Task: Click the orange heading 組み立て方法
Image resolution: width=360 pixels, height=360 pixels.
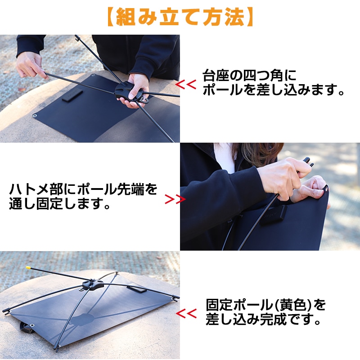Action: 180,17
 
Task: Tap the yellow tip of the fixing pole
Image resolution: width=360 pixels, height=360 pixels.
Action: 28,267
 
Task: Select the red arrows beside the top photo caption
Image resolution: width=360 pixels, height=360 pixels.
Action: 186,85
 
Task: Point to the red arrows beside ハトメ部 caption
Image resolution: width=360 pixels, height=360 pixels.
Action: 175,199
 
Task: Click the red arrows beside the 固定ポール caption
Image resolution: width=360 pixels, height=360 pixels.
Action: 186,314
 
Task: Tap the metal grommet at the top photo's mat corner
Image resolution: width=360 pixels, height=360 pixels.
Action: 35,116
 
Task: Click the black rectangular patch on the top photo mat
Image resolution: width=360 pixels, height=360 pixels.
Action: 72,95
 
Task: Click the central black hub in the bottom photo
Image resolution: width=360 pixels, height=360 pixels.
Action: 93,285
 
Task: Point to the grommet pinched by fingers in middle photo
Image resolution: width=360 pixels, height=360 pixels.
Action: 326,189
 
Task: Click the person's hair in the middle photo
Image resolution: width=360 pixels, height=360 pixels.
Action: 257,154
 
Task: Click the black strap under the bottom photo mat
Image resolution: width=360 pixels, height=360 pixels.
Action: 27,328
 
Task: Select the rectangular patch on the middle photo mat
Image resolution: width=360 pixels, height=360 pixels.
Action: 273,215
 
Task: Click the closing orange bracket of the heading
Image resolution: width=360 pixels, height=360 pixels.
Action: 250,17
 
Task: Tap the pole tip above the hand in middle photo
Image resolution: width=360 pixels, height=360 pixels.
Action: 308,161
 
